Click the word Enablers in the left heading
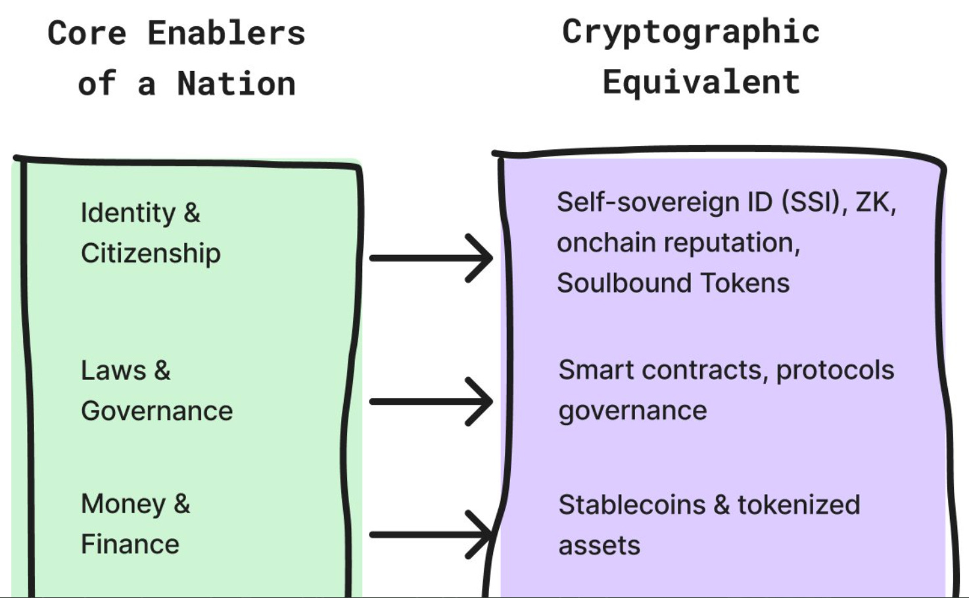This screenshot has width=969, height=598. (226, 34)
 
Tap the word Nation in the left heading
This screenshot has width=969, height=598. (236, 84)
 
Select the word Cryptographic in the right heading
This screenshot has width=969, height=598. (691, 32)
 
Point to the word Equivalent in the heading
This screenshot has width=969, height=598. (701, 83)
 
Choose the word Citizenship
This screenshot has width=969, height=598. (151, 254)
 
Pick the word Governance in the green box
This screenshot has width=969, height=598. (156, 411)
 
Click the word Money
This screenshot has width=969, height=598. (123, 505)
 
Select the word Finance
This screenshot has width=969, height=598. (130, 545)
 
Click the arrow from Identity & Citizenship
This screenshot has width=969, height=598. (431, 258)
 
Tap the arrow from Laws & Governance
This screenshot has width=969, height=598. (431, 402)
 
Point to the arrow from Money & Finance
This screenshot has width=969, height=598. (431, 535)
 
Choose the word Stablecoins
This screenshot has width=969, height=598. (631, 505)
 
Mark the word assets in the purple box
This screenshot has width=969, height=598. (599, 546)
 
